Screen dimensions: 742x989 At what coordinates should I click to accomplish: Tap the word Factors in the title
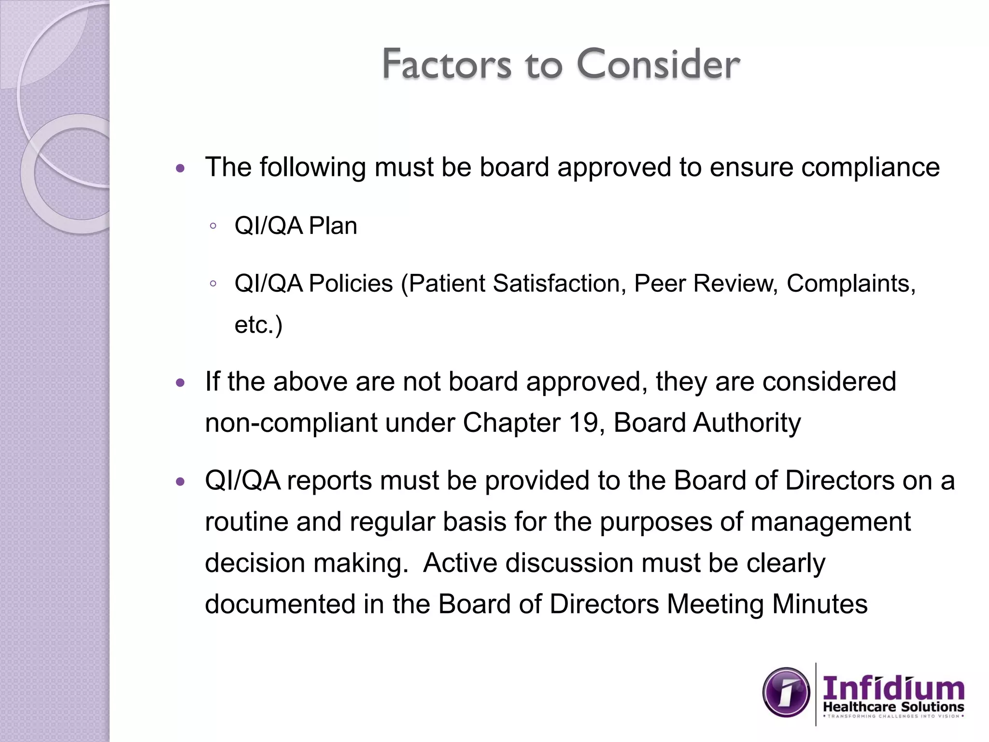pyautogui.click(x=446, y=64)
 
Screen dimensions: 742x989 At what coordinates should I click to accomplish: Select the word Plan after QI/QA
pyautogui.click(x=333, y=226)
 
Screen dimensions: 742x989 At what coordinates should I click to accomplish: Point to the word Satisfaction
pyautogui.click(x=556, y=283)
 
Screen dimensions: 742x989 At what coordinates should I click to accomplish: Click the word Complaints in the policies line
pyautogui.click(x=851, y=283)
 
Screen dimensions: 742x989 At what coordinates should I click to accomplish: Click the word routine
pyautogui.click(x=246, y=522)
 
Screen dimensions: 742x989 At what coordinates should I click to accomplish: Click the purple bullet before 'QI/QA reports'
pyautogui.click(x=181, y=482)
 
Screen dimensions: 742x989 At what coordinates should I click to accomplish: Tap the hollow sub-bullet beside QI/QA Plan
pyautogui.click(x=213, y=226)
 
